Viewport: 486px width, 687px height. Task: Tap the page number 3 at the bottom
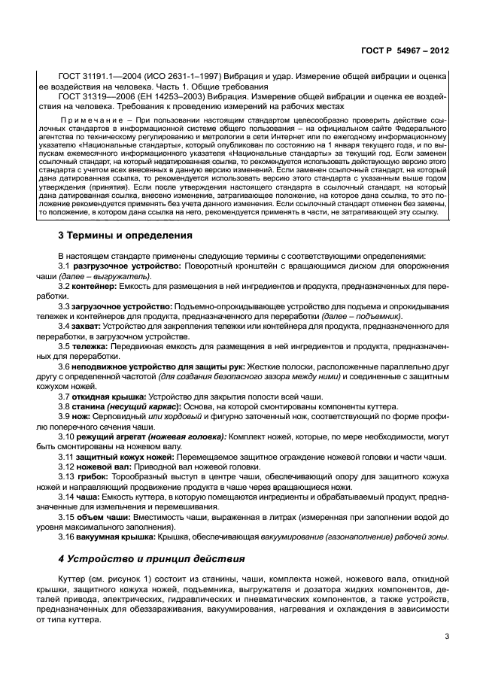coord(447,637)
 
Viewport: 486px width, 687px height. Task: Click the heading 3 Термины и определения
coord(125,236)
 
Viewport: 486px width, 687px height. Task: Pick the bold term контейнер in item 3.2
coord(96,287)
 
